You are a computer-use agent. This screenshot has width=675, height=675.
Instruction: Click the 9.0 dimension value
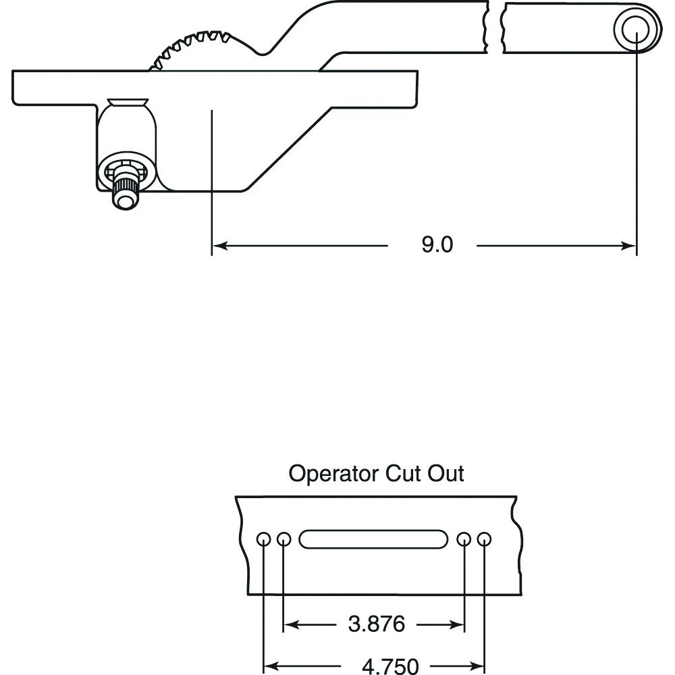point(437,245)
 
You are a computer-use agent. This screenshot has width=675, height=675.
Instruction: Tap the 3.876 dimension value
point(377,624)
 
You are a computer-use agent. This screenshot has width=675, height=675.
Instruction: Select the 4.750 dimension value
point(390,666)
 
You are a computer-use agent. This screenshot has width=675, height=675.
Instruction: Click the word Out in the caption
point(446,474)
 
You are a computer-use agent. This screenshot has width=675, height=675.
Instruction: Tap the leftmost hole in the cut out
point(263,539)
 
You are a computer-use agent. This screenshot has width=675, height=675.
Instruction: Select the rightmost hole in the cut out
point(484,539)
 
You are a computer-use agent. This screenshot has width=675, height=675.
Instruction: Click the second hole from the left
point(283,539)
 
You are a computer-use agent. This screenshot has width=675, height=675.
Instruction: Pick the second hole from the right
point(464,539)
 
